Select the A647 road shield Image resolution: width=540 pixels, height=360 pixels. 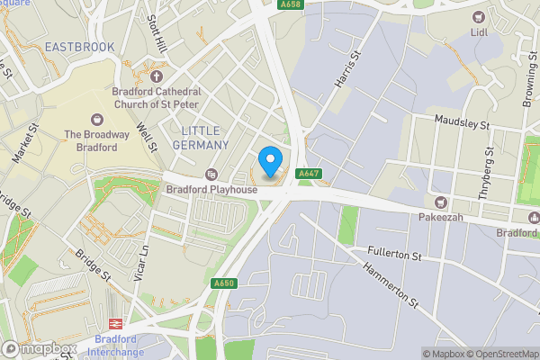[x=307, y=173]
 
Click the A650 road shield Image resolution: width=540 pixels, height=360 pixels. [x=224, y=283]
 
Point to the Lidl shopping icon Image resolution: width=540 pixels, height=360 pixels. [x=478, y=16]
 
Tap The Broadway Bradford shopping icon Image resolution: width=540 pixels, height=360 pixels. [x=97, y=119]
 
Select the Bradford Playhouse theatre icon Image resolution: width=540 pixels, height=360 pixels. [x=211, y=174]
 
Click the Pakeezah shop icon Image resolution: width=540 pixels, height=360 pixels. [x=440, y=202]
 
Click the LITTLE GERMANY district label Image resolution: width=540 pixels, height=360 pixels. [x=199, y=138]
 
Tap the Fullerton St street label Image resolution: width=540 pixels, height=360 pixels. [x=394, y=256]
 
